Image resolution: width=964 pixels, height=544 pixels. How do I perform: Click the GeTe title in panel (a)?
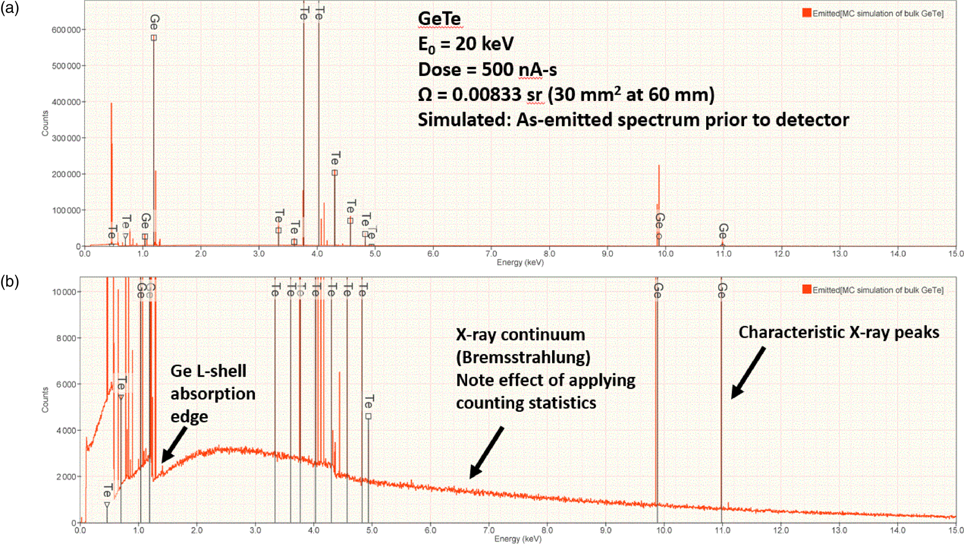pos(439,19)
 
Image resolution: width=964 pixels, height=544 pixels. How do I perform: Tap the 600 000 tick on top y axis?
pos(66,30)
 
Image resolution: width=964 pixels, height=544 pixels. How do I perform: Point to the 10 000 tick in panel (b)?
pos(63,292)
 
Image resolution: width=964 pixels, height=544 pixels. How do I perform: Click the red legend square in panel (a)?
pos(807,13)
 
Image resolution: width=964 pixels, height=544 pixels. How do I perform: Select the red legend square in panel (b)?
pos(807,289)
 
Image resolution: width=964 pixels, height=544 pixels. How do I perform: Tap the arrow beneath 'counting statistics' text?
pos(486,453)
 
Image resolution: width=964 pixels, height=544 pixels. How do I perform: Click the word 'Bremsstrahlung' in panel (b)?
pos(523,358)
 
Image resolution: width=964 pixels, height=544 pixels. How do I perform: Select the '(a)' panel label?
pos(10,8)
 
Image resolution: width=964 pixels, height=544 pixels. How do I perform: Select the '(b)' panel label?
pos(10,281)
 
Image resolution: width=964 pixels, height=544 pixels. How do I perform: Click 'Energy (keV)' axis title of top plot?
pos(520,262)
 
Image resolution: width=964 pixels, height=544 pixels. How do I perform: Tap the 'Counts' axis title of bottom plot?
pos(45,400)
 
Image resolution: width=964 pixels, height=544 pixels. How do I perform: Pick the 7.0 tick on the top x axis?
pos(491,254)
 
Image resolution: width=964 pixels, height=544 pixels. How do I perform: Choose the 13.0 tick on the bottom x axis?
pos(839,531)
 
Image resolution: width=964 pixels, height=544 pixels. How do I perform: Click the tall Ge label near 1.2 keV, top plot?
pos(154,22)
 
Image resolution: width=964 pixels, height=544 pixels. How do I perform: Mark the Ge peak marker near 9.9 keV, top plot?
pos(659,236)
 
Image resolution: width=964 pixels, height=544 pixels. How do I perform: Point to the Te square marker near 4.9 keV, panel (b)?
pos(368,416)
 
